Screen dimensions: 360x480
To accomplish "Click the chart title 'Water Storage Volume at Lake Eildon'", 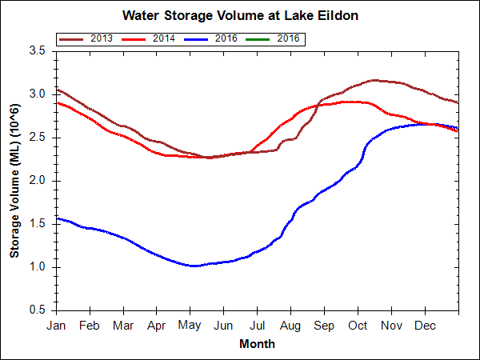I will tap(239, 15).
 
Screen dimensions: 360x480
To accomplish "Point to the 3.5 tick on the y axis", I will tap(36, 50).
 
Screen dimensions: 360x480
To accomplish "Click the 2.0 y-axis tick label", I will tap(36, 180).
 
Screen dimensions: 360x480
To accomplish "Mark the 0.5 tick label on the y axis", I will tap(36, 310).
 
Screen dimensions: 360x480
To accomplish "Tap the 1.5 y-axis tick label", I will tap(36, 223).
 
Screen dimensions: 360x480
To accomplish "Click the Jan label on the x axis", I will tap(56, 326).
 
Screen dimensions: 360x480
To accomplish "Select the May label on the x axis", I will tap(190, 326).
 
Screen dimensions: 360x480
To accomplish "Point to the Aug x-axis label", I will tap(290, 326).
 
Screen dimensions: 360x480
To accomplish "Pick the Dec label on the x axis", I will tap(425, 326).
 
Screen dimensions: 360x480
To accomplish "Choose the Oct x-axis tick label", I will tap(358, 326).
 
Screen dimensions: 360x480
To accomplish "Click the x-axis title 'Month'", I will tap(257, 344).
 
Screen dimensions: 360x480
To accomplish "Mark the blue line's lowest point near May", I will tap(194, 266).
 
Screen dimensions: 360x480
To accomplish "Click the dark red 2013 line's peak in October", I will tap(374, 80).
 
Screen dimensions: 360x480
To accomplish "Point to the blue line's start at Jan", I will tap(57, 218).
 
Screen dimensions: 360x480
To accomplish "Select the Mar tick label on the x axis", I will tap(122, 326).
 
